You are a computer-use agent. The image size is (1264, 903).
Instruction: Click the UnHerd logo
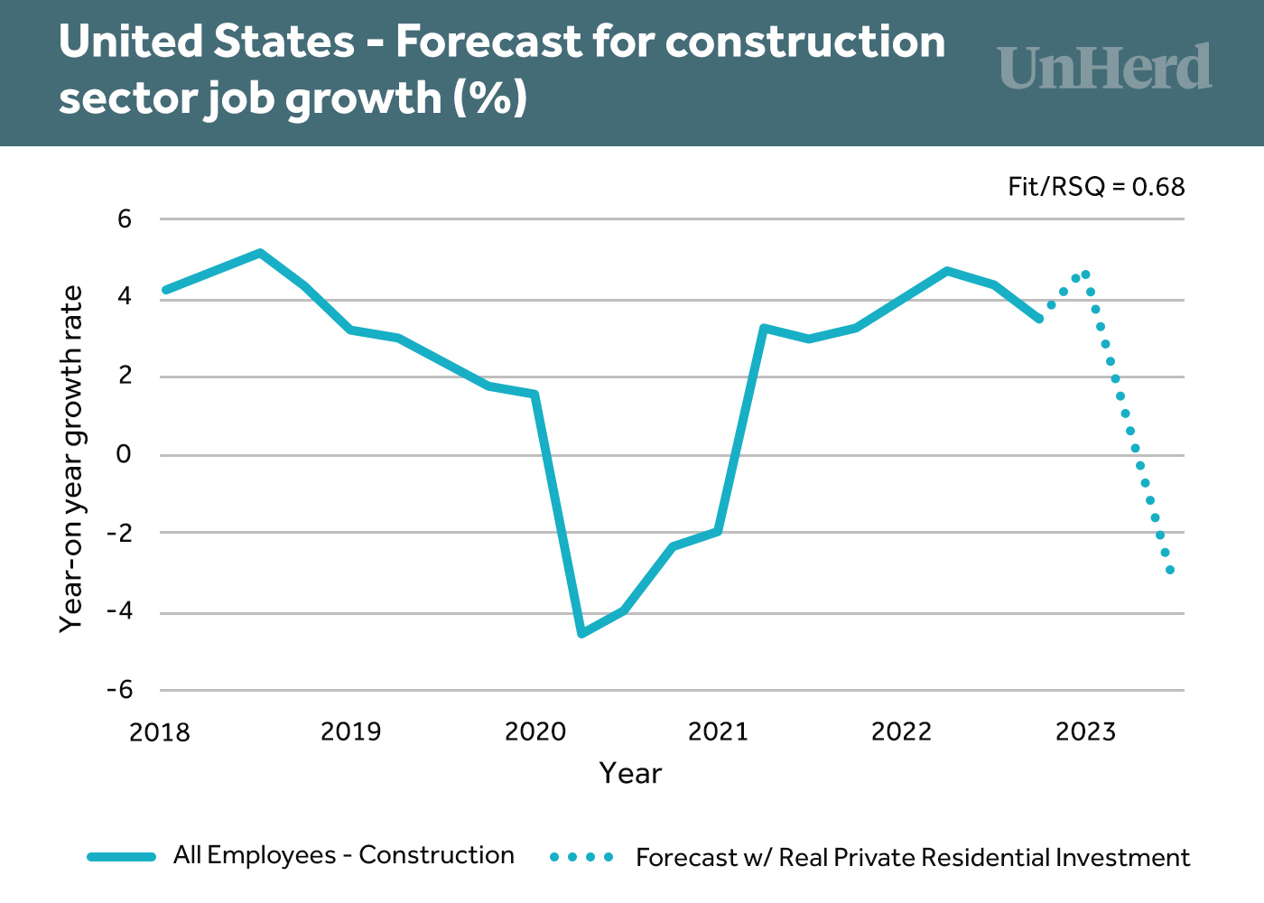(1105, 68)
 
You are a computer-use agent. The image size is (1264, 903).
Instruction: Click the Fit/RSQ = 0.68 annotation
(1096, 187)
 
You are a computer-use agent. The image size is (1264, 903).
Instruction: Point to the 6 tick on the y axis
(125, 219)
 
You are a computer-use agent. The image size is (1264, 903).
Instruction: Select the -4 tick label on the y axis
(119, 611)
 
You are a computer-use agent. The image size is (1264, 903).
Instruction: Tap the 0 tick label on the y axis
(124, 454)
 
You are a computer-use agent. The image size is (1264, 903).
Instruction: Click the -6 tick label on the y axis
(119, 690)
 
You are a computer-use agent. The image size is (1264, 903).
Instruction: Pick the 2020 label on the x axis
(535, 731)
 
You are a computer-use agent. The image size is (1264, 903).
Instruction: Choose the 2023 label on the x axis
(1085, 731)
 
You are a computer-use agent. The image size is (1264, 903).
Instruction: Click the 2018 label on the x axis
(160, 731)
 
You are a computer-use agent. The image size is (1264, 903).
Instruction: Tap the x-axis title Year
(630, 774)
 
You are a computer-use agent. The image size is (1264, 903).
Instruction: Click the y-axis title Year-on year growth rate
(71, 459)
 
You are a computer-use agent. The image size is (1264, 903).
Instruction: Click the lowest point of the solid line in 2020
(581, 634)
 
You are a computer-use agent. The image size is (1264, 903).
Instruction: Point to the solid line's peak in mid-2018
(260, 253)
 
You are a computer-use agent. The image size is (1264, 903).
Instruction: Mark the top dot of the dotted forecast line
(1085, 275)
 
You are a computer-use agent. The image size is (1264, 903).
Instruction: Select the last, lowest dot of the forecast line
(1170, 570)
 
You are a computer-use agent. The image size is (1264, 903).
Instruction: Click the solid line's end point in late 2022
(1039, 319)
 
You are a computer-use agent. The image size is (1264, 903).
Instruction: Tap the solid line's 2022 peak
(946, 271)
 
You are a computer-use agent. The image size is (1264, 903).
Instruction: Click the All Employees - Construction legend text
(344, 855)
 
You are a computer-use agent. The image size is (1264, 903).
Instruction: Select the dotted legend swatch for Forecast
(581, 856)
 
